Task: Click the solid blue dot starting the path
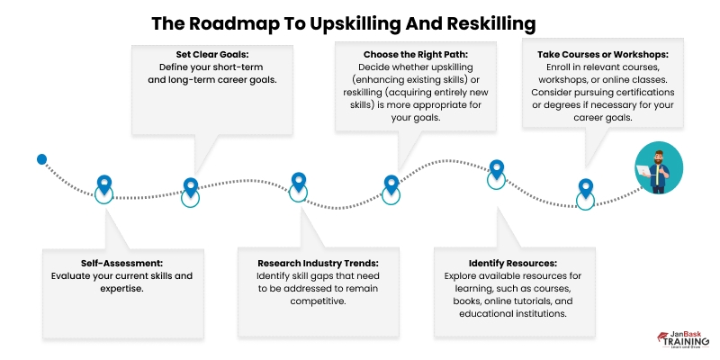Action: pyautogui.click(x=41, y=159)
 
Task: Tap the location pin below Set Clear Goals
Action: pyautogui.click(x=190, y=187)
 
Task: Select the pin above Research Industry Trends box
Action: pyautogui.click(x=300, y=183)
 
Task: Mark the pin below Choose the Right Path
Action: pyautogui.click(x=391, y=184)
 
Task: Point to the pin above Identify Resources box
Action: pyautogui.click(x=496, y=168)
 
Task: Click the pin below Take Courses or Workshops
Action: pyautogui.click(x=585, y=189)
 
